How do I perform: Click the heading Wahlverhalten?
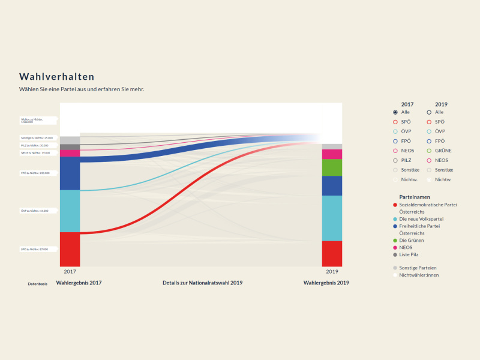pos(56,77)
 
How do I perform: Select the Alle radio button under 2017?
pos(395,112)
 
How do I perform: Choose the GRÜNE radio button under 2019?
pos(430,151)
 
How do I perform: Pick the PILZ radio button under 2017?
pos(395,160)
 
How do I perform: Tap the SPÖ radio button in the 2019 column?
pos(430,122)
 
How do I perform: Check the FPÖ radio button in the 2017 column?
pos(395,141)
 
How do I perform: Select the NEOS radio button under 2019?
pos(430,160)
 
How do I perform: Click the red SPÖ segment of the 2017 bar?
pos(70,248)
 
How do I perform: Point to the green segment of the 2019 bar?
pos(332,167)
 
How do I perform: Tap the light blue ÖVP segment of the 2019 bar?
pos(332,218)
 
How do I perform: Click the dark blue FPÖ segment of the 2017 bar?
pos(70,173)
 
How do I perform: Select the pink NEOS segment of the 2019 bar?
pos(332,154)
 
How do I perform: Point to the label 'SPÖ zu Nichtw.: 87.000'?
pos(34,248)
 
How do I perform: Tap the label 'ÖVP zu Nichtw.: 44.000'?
pos(34,211)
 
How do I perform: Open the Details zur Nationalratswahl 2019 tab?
pos(202,283)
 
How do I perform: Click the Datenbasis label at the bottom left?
pos(37,283)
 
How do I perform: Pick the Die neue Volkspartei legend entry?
pos(421,219)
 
